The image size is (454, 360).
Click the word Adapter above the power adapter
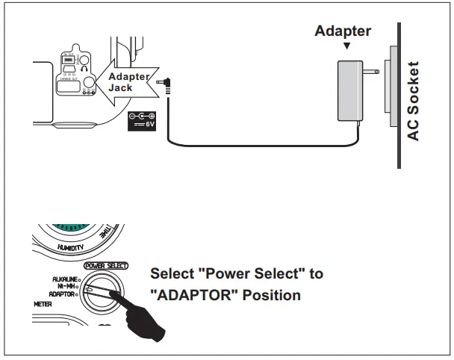click(x=343, y=31)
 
